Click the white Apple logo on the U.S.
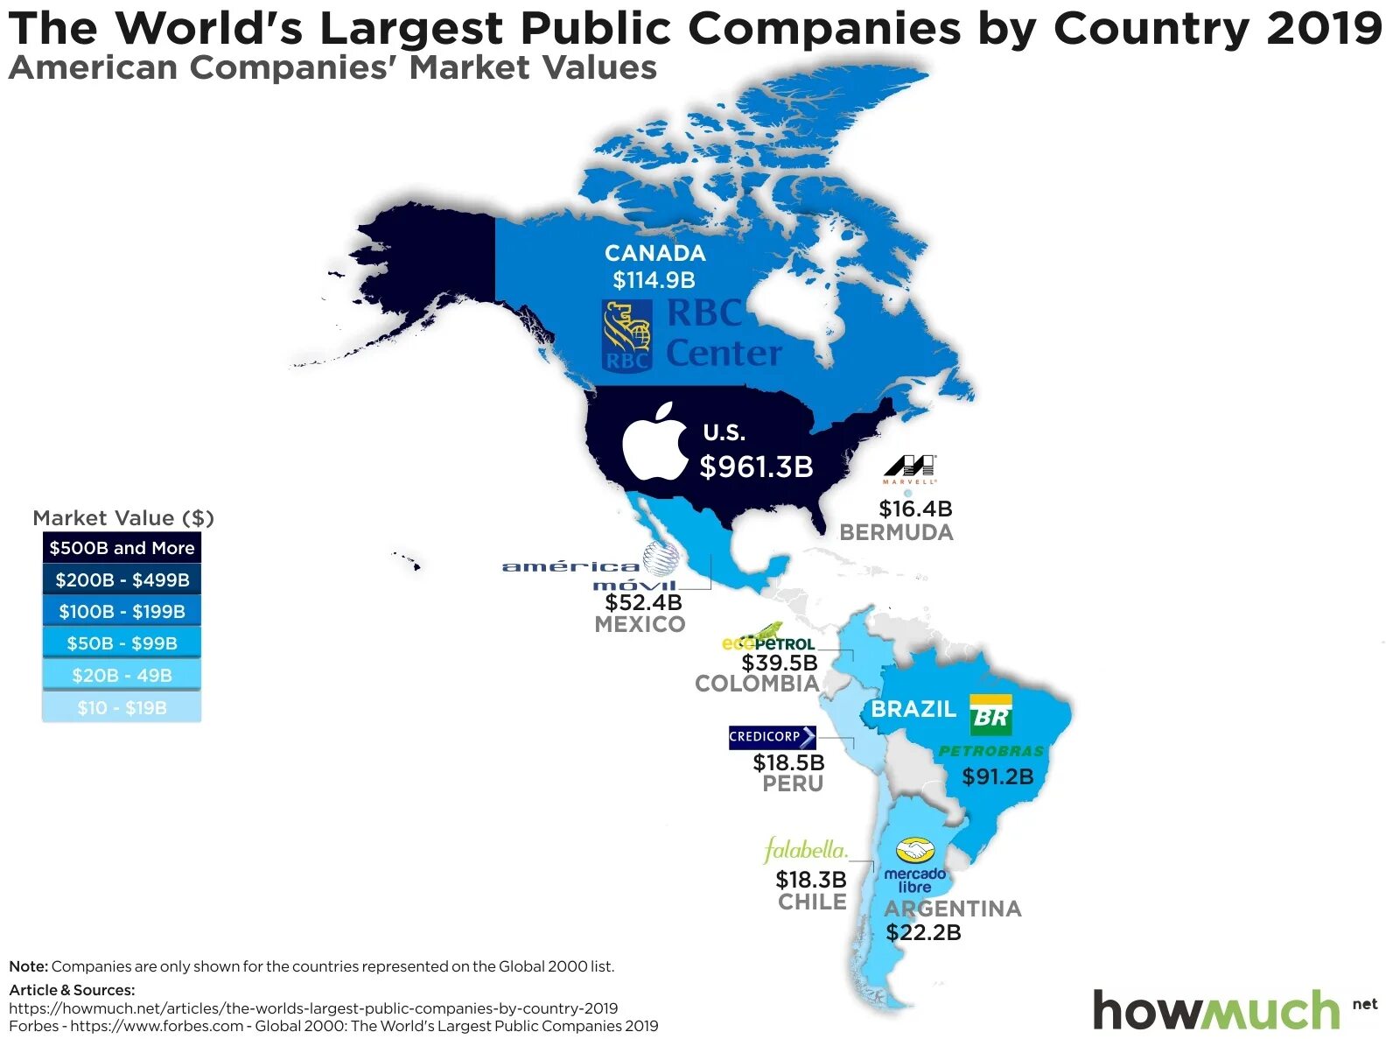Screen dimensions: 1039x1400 coord(655,443)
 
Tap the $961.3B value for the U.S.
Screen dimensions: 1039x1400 coord(756,467)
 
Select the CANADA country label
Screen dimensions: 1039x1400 coord(654,253)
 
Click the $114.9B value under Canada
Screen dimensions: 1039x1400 coord(654,280)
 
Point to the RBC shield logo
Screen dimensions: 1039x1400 coord(626,335)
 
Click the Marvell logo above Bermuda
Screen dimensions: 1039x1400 coord(910,468)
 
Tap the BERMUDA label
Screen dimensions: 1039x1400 coord(896,532)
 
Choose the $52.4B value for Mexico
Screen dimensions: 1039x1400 coord(643,602)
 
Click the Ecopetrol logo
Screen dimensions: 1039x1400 coord(767,640)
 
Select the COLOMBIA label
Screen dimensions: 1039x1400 coord(758,684)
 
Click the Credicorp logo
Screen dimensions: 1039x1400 coord(772,737)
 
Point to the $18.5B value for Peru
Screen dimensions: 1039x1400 coord(788,763)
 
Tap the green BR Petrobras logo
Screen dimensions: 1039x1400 coord(990,715)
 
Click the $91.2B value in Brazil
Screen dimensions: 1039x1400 coord(997,776)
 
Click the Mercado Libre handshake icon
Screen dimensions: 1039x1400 coord(915,851)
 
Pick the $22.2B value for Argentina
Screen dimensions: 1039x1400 coord(923,933)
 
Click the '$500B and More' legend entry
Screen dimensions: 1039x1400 coord(122,548)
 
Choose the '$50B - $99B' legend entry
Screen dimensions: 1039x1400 coord(122,643)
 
